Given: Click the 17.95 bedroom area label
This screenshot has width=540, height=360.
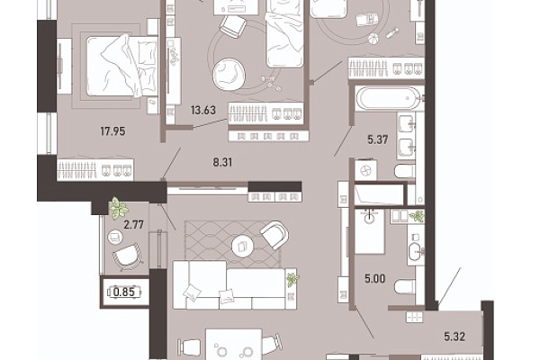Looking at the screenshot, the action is pos(112,131).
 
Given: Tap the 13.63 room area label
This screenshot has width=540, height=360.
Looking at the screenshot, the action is pos(203,110).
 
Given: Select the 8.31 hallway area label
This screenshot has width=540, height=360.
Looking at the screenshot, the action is pos(222,162).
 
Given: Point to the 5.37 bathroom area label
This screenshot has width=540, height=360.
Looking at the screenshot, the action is pos(378,139).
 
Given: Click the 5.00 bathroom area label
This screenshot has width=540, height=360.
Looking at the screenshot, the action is pos(375,278).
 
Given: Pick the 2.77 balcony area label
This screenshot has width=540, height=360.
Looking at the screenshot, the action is pos(133,225).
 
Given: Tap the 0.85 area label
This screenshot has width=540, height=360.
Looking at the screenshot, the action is pos(124,292).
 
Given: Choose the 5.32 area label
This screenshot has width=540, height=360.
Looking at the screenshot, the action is pos(454,337).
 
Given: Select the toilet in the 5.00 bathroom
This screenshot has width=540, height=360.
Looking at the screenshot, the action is pos(404,286).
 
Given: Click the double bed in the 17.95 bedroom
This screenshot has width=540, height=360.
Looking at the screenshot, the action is pos(121,66).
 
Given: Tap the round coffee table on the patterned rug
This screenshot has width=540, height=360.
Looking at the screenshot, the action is pos(242,246).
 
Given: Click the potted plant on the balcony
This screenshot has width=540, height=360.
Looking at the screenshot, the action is pos(119,208).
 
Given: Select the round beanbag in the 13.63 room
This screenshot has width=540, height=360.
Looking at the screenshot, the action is pos(229,74).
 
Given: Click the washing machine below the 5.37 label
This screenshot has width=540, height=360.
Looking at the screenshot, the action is pos(365,170).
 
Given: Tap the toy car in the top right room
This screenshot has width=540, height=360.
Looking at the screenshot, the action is pos(367,19).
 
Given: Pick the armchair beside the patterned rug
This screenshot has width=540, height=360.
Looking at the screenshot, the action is pos(274,235).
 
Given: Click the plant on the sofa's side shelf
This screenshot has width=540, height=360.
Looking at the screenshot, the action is pos(292,279).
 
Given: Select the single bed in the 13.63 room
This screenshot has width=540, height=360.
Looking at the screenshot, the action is pos(285,34).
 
